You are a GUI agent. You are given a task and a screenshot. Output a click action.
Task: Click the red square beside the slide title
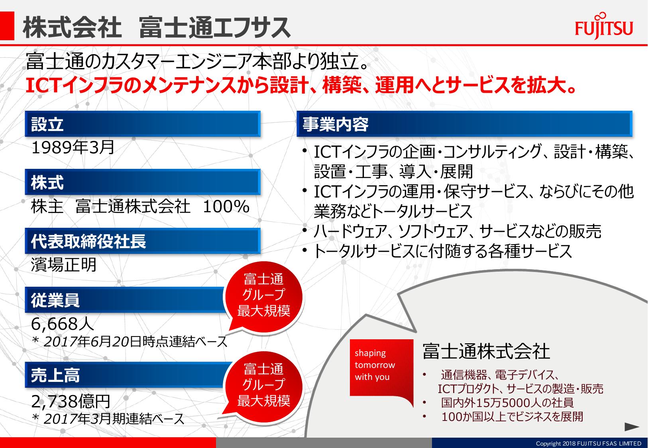pos(7,26)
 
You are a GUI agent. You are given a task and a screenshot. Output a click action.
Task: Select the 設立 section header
pos(143,124)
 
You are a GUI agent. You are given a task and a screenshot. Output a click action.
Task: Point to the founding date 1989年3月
pos(73,148)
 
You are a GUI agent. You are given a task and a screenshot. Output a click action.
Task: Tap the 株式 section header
pos(143,182)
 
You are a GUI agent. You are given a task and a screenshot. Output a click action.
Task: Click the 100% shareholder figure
pos(226,207)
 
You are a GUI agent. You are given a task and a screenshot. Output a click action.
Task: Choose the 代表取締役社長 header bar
pos(143,241)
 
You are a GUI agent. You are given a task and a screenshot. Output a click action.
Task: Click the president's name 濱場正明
pos(64,265)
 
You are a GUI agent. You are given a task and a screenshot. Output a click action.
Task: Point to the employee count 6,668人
pos(63,324)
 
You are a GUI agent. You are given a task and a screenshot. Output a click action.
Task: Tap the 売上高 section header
pos(127,375)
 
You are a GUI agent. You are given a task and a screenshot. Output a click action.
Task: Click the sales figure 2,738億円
pos(71,401)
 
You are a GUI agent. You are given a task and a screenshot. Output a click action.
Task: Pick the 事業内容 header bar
pos(464,124)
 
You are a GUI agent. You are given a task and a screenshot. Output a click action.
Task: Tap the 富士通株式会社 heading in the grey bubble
pos(486,352)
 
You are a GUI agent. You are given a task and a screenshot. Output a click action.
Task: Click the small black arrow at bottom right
pos(632,427)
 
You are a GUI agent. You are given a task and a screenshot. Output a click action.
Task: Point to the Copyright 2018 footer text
pos(588,443)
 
